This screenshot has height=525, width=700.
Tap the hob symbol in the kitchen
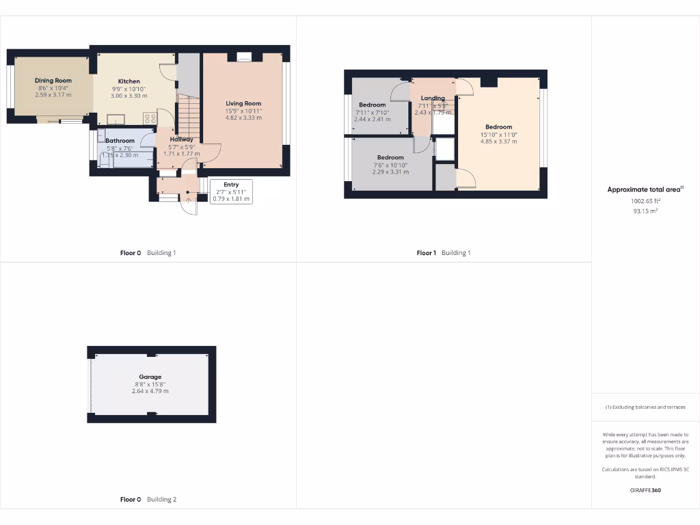150,118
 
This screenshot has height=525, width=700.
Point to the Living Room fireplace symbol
244,58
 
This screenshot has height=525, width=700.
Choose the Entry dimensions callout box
231,191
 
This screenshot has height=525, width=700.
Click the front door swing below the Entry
188,206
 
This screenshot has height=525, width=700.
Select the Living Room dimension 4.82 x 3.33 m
243,118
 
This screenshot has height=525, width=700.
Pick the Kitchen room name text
129,81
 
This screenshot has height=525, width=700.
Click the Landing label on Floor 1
433,98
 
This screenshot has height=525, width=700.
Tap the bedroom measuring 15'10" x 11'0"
498,127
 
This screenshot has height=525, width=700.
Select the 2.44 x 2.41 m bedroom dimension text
372,120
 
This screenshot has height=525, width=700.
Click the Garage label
150,377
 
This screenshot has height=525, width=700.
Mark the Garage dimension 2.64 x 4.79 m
150,391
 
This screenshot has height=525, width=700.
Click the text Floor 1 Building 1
444,253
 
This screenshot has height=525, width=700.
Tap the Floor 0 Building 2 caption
148,500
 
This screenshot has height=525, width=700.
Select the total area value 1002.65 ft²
645,202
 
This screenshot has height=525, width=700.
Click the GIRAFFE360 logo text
645,490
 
